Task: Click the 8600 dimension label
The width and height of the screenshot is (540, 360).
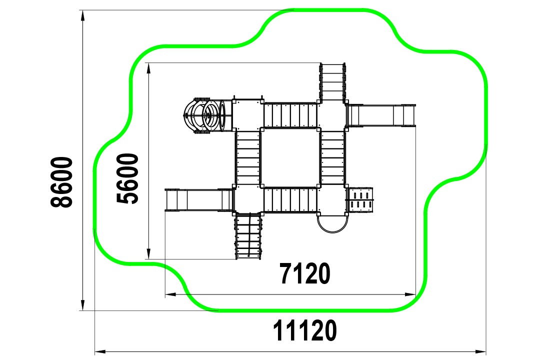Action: (x=62, y=182)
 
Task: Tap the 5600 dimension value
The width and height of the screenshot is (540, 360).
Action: (x=128, y=178)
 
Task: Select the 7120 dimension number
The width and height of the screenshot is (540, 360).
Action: (x=305, y=273)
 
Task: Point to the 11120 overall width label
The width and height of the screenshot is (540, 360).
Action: (x=305, y=330)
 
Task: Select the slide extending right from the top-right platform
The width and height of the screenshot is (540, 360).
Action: (x=381, y=116)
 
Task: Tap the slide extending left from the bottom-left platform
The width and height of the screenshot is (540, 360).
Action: (x=199, y=199)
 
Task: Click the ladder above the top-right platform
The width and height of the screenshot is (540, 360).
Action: (x=332, y=82)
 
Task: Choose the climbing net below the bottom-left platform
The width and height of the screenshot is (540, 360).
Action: (x=248, y=236)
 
